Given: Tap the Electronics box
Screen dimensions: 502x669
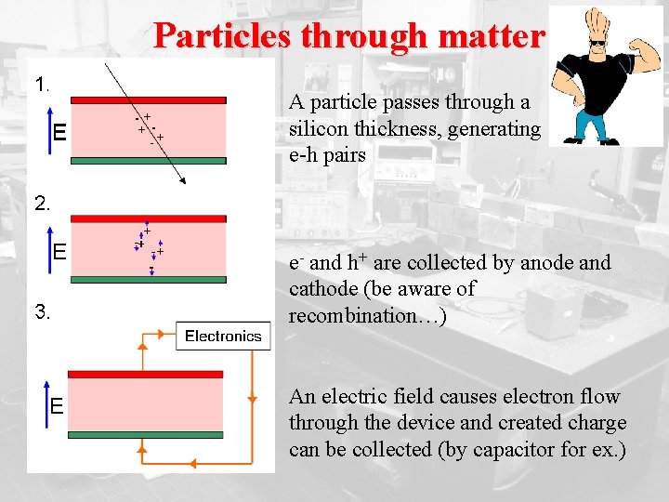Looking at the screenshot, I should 223,336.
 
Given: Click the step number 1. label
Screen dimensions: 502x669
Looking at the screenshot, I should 42,85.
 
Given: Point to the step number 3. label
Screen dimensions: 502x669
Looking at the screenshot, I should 42,312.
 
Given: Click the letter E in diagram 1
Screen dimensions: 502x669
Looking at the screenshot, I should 59,133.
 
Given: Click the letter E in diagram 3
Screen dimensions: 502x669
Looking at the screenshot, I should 58,405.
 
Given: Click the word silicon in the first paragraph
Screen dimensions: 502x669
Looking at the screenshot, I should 317,129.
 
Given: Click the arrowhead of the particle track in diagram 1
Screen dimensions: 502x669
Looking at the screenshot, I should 182,182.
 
